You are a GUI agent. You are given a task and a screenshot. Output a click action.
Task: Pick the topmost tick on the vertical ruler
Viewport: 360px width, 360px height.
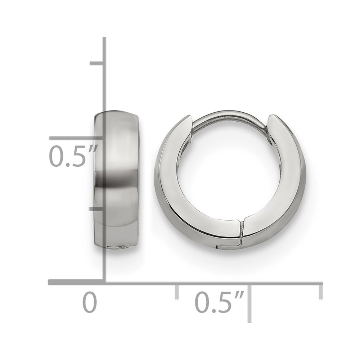tap(97, 64)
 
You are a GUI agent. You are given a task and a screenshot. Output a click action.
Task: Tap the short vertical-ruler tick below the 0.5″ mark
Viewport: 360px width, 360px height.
tap(97, 209)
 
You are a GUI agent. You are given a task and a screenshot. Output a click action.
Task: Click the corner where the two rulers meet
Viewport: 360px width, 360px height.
tap(104, 282)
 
